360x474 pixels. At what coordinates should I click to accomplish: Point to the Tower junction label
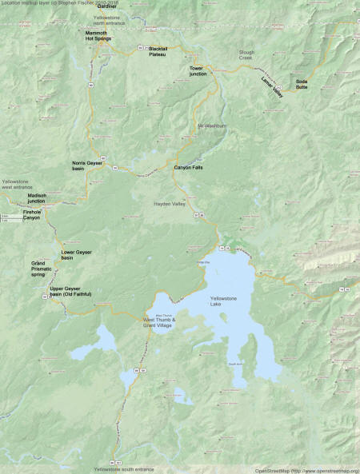(x=198, y=72)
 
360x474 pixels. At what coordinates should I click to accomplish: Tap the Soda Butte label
(x=301, y=84)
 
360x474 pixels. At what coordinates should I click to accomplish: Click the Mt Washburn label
(x=212, y=125)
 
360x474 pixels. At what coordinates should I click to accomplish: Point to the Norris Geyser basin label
(x=89, y=165)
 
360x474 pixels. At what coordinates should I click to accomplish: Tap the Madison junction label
(x=37, y=198)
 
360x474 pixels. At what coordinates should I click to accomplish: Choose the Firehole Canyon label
(x=30, y=215)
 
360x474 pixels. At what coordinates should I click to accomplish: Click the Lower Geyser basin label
(x=78, y=255)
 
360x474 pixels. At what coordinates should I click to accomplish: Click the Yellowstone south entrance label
(x=124, y=468)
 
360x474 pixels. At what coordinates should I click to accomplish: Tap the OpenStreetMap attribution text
(x=306, y=470)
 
